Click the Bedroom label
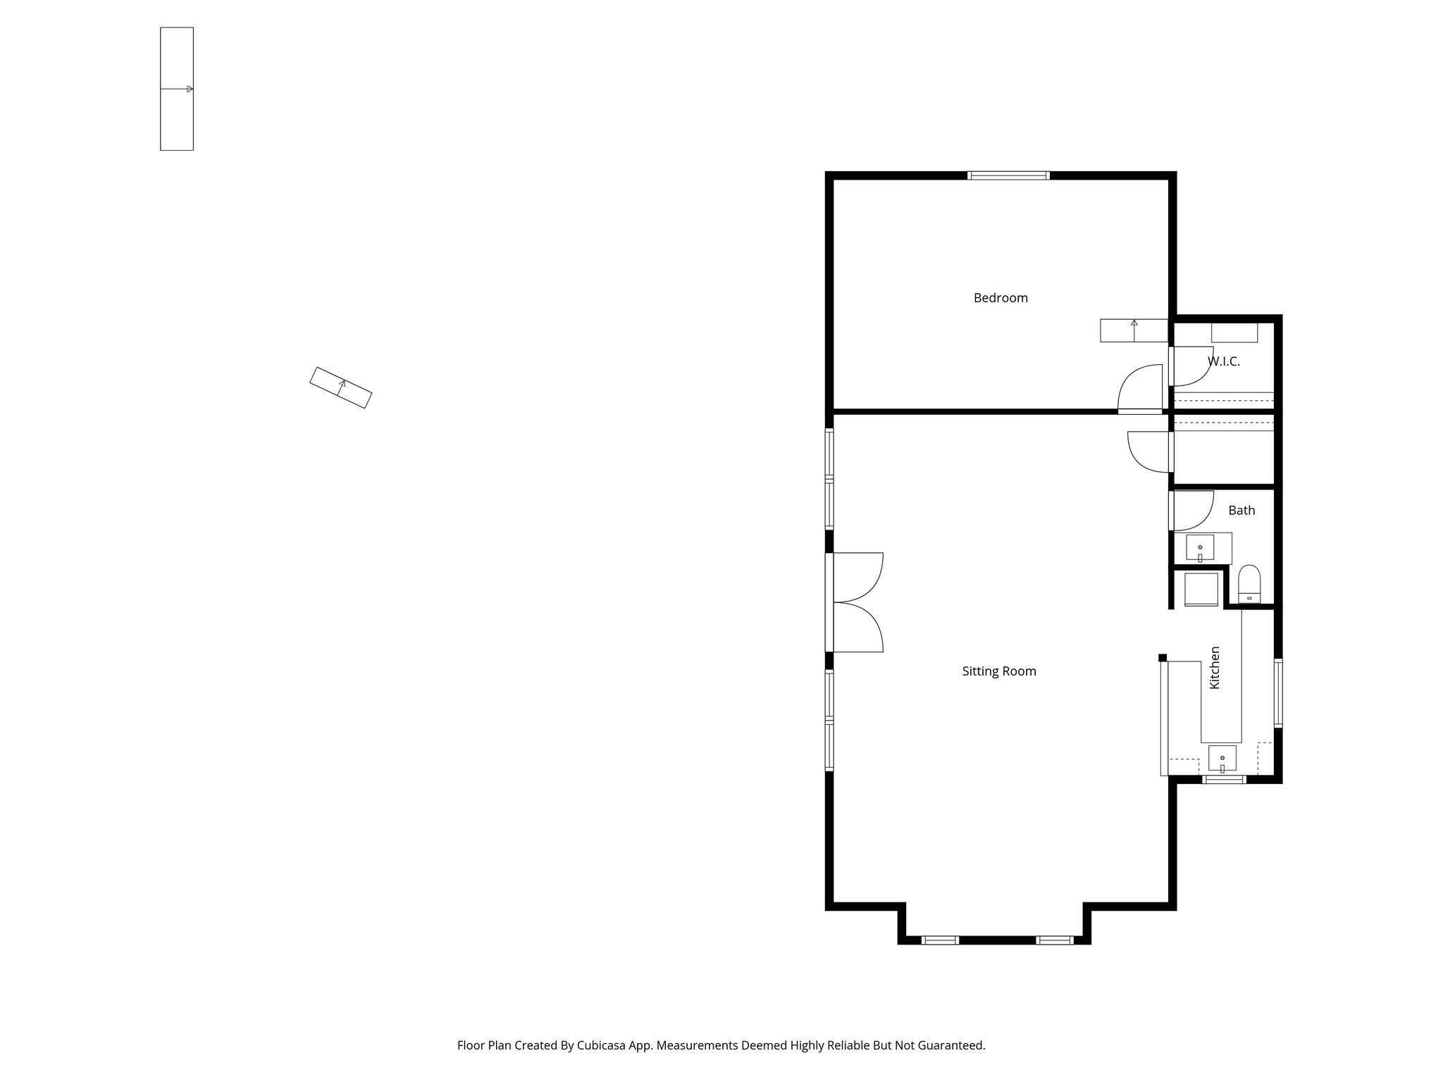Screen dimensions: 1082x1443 (1000, 298)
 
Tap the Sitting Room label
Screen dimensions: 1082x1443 (998, 671)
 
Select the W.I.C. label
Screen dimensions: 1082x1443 (1224, 361)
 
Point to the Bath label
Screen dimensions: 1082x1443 (1241, 511)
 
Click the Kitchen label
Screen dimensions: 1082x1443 (1215, 668)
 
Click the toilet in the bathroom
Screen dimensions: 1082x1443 (1249, 584)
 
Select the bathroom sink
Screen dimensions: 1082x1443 (1200, 547)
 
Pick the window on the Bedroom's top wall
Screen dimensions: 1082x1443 (1008, 175)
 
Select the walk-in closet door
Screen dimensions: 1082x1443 (1191, 366)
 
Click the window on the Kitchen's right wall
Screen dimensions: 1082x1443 (1277, 692)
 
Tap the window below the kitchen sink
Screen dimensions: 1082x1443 (1224, 779)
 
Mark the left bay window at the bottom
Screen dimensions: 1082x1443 (940, 940)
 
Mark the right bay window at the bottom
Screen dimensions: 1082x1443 (1054, 940)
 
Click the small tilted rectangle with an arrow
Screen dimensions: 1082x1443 (341, 387)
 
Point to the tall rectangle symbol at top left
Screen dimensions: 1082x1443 (177, 89)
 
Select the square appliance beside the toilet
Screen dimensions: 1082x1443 (1201, 590)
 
